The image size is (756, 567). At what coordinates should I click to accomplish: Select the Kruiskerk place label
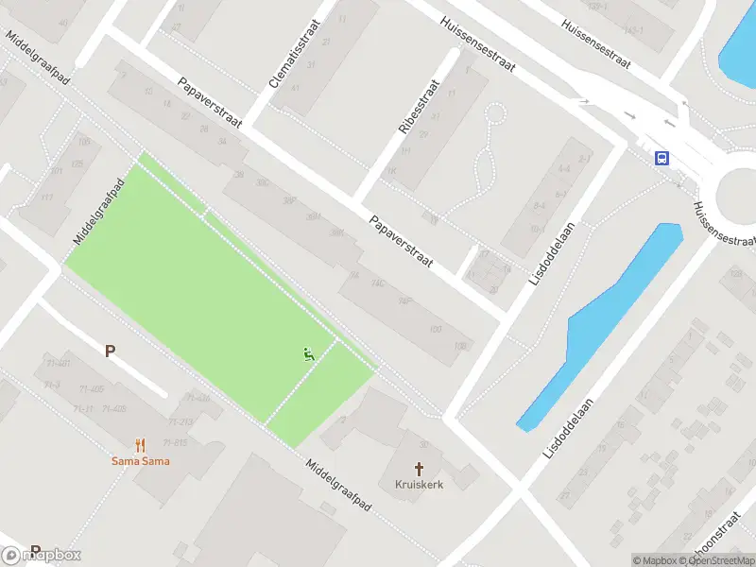point(419,484)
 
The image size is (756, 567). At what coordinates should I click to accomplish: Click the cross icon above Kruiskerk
point(419,468)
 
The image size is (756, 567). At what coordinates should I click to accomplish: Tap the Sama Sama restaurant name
point(141,461)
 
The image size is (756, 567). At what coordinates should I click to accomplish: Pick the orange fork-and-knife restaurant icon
point(141,444)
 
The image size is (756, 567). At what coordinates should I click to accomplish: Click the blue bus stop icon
point(662,158)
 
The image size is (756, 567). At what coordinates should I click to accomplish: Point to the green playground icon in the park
point(308,354)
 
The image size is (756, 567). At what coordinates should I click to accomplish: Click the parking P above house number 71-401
point(111,351)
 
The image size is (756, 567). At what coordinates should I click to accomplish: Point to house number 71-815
point(176,442)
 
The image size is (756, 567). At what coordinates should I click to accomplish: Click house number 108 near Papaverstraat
point(460,346)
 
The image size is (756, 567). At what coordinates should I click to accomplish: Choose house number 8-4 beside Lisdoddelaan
point(540,205)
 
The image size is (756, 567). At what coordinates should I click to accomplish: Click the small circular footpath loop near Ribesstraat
point(492,114)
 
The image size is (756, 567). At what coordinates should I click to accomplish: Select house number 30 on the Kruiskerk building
point(424,444)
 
